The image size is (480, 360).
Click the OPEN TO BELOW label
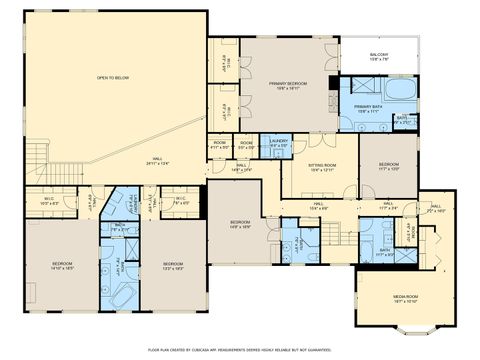[113, 77]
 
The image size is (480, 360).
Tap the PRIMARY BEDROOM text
[287, 84]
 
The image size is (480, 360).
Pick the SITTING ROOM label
[323, 167]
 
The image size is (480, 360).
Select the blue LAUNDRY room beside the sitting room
[277, 145]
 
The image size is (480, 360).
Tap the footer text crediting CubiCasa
[240, 350]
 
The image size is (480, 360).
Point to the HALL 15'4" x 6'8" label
[317, 207]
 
